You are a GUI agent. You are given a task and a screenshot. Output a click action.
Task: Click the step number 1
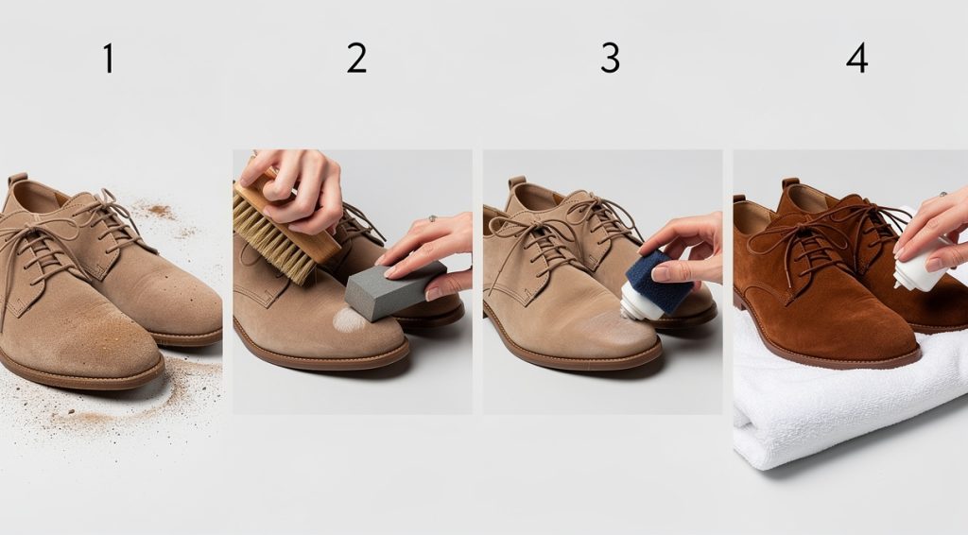108,59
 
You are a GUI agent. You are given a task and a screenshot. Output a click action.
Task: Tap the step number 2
356,59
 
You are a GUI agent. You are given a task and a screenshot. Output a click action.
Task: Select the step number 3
611,59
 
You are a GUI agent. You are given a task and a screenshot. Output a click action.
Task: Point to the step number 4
856,59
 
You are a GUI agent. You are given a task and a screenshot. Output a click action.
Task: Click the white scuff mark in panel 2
349,319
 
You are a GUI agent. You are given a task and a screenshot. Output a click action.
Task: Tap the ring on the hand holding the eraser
432,218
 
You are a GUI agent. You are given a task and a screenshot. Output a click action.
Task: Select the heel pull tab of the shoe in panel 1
16,179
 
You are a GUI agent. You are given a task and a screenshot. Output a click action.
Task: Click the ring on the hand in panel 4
942,196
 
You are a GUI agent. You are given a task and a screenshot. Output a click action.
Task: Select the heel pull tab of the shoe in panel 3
516,181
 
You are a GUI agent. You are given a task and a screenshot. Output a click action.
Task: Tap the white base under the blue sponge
640,304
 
